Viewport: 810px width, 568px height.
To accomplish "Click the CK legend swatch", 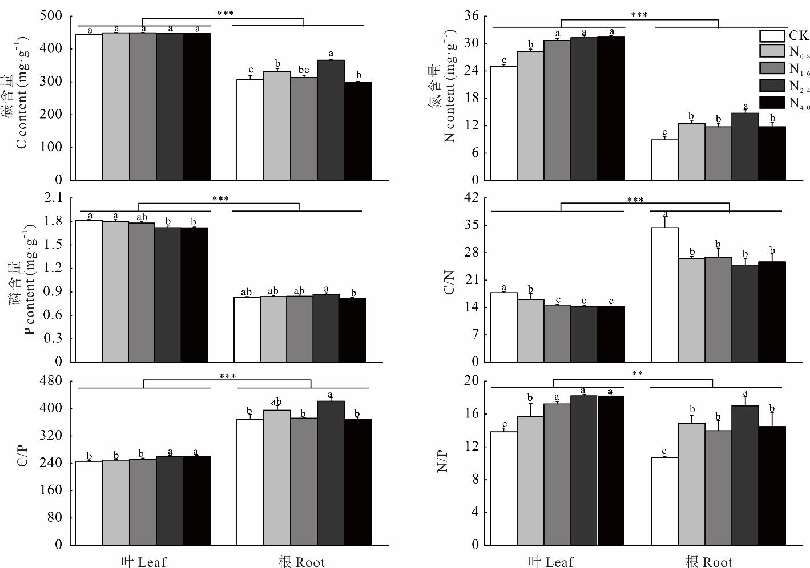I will [x=772, y=36].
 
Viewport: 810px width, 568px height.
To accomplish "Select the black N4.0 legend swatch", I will [x=772, y=102].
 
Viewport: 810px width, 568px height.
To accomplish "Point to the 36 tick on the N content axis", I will [x=472, y=16].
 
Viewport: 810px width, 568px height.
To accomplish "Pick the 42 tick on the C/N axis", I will [x=472, y=198].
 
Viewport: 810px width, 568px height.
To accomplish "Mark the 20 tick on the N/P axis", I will [x=472, y=381].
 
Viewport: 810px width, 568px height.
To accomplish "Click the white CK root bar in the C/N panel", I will [x=664, y=294].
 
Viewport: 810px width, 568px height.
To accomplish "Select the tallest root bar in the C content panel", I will [x=331, y=120].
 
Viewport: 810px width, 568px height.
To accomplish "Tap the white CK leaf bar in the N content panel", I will [x=503, y=123].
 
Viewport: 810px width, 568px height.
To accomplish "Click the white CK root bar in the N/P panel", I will [x=664, y=501].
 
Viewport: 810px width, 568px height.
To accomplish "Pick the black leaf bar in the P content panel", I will [x=194, y=294].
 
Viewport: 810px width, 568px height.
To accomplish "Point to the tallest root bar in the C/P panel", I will [x=331, y=473].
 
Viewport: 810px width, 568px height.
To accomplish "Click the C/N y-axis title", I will [x=449, y=282].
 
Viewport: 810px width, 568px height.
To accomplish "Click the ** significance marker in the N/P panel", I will [x=638, y=374].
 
